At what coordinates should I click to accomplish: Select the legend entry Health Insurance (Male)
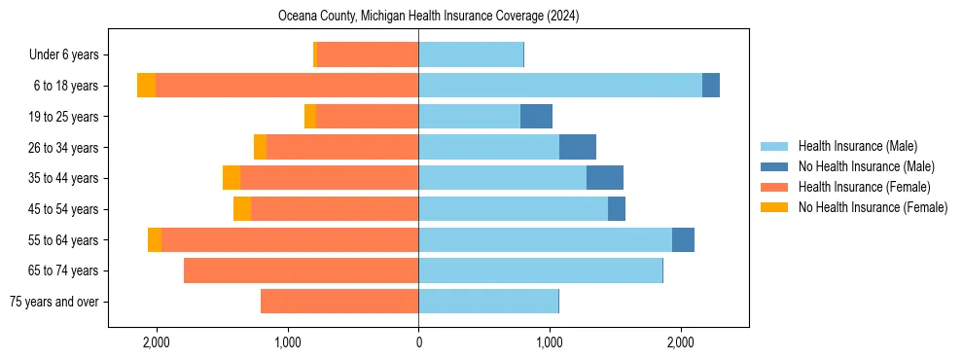pyautogui.click(x=857, y=146)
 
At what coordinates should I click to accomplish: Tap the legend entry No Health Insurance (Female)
pyautogui.click(x=873, y=207)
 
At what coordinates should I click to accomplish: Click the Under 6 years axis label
pyautogui.click(x=69, y=55)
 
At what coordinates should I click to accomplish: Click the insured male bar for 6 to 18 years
pyautogui.click(x=560, y=86)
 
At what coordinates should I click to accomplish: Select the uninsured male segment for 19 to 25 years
pyautogui.click(x=536, y=117)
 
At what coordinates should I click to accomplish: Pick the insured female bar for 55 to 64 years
pyautogui.click(x=290, y=240)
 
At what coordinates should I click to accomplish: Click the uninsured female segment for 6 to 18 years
pyautogui.click(x=146, y=86)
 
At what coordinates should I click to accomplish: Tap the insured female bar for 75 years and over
pyautogui.click(x=339, y=302)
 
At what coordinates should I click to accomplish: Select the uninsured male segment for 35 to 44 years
pyautogui.click(x=605, y=178)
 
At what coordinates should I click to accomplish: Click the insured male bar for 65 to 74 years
pyautogui.click(x=540, y=270)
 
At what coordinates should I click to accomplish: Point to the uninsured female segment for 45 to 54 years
pyautogui.click(x=242, y=209)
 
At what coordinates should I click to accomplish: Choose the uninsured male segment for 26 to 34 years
pyautogui.click(x=578, y=148)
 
